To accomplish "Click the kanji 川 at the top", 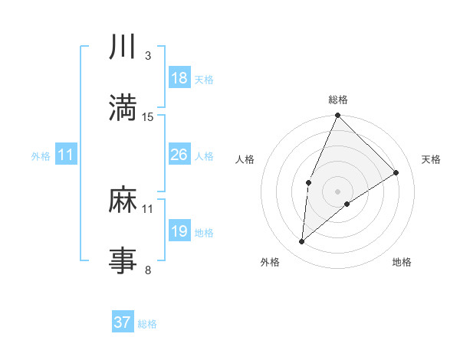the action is click(123, 47).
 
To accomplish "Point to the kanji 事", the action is click(123, 261).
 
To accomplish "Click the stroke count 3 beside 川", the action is click(147, 56).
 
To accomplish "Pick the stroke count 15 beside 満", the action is click(148, 116).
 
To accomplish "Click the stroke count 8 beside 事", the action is click(147, 270).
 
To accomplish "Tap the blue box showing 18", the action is click(179, 78).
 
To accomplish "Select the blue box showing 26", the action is click(179, 155).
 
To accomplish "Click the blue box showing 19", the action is click(179, 231).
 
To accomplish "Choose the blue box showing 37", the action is click(123, 322).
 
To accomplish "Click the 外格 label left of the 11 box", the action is click(41, 155).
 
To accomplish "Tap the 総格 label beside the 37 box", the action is click(147, 324).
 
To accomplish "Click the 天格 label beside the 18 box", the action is click(203, 79).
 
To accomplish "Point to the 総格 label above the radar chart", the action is click(338, 100).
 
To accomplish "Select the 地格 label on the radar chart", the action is click(402, 262).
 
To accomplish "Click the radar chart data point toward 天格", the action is click(396, 172).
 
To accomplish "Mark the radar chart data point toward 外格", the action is click(302, 242).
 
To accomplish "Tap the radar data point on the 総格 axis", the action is click(338, 116).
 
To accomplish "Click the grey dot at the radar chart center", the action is click(338, 191).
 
